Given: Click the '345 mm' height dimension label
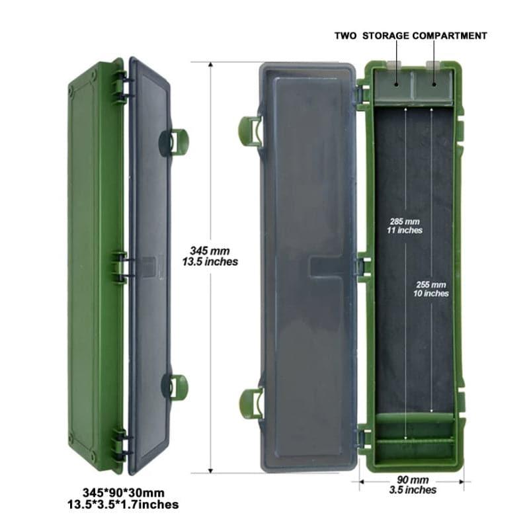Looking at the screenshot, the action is click(210, 251).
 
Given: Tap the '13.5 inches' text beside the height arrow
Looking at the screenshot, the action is click(210, 262).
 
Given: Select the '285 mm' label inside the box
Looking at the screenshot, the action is click(405, 222).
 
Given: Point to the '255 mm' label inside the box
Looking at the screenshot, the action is click(431, 285).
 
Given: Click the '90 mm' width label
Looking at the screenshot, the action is click(413, 480).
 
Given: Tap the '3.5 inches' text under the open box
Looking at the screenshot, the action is click(413, 490).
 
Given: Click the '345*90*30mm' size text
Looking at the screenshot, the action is click(124, 493).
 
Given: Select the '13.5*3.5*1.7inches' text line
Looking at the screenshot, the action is click(123, 505).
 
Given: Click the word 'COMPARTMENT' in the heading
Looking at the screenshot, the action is click(450, 36).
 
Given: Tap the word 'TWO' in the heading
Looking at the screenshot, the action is click(345, 36).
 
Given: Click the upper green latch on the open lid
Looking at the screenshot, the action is click(250, 131).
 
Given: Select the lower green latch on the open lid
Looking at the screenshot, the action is click(251, 403).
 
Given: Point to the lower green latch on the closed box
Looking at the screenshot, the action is click(177, 388).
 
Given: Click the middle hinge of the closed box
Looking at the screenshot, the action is click(120, 268).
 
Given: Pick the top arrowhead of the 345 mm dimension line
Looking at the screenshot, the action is click(211, 65).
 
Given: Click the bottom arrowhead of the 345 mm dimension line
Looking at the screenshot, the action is click(211, 470).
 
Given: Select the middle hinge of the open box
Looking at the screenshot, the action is click(364, 267).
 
